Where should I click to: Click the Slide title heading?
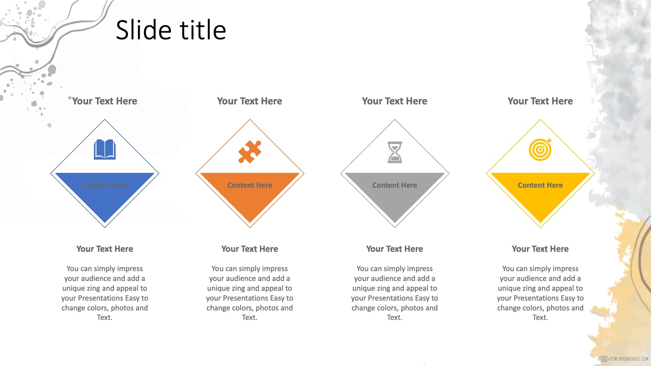pyautogui.click(x=171, y=30)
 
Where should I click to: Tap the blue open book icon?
pyautogui.click(x=105, y=149)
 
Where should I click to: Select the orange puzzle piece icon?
pyautogui.click(x=250, y=151)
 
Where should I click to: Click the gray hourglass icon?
pyautogui.click(x=395, y=152)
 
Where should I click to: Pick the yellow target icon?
pyautogui.click(x=540, y=149)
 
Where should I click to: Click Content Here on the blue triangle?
pyautogui.click(x=105, y=185)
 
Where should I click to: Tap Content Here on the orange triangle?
pyautogui.click(x=250, y=185)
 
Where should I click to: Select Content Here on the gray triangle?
pyautogui.click(x=395, y=185)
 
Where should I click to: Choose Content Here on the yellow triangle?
pyautogui.click(x=540, y=185)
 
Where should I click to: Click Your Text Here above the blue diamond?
pyautogui.click(x=105, y=101)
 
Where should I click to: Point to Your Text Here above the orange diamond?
pyautogui.click(x=250, y=101)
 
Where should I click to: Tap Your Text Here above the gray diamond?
pyautogui.click(x=395, y=101)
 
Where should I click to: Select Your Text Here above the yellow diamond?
pyautogui.click(x=540, y=101)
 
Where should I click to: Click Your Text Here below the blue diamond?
pyautogui.click(x=105, y=249)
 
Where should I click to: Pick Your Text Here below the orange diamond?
pyautogui.click(x=250, y=249)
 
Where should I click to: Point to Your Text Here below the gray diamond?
pyautogui.click(x=395, y=249)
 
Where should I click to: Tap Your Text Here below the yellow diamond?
pyautogui.click(x=540, y=249)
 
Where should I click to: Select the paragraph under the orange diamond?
pyautogui.click(x=250, y=293)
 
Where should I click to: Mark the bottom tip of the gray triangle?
pyautogui.click(x=395, y=223)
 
